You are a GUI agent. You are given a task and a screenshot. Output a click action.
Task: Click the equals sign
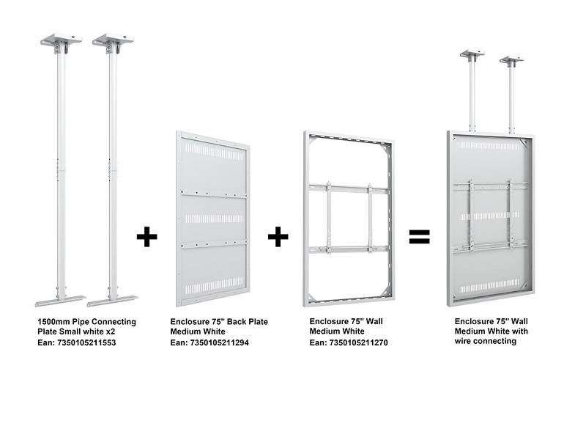(419, 236)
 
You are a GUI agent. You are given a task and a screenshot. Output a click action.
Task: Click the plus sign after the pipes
(147, 236)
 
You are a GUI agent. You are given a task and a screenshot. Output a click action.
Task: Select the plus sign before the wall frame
(278, 236)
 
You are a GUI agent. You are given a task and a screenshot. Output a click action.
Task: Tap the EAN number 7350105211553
(86, 342)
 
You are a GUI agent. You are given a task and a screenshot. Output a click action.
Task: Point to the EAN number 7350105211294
(219, 342)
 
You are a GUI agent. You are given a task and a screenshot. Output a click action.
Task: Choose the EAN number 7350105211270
(358, 342)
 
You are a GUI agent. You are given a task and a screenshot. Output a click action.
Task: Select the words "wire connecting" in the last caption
(486, 341)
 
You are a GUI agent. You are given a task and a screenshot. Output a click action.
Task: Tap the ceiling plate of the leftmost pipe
(62, 39)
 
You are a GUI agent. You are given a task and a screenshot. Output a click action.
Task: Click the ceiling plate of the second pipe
(113, 39)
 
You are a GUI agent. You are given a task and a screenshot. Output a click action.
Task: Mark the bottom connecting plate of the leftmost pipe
(61, 301)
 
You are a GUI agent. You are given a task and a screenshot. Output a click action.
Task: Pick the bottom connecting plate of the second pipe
(112, 301)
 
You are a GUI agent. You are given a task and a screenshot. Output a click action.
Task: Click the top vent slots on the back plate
(214, 153)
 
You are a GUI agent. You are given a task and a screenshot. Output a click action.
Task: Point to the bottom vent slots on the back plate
(214, 286)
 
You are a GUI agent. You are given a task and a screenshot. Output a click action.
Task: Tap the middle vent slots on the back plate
(214, 219)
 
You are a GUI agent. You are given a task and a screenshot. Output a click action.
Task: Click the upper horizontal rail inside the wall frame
(349, 188)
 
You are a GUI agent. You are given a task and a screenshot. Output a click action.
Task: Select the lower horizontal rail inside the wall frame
(349, 249)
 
